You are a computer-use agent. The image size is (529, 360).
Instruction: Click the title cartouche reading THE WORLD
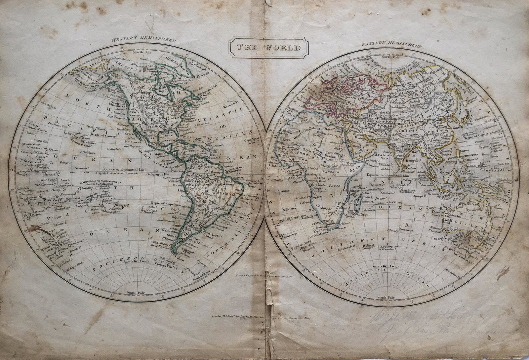click(x=269, y=48)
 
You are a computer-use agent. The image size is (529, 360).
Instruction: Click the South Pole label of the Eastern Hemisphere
click(x=387, y=297)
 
